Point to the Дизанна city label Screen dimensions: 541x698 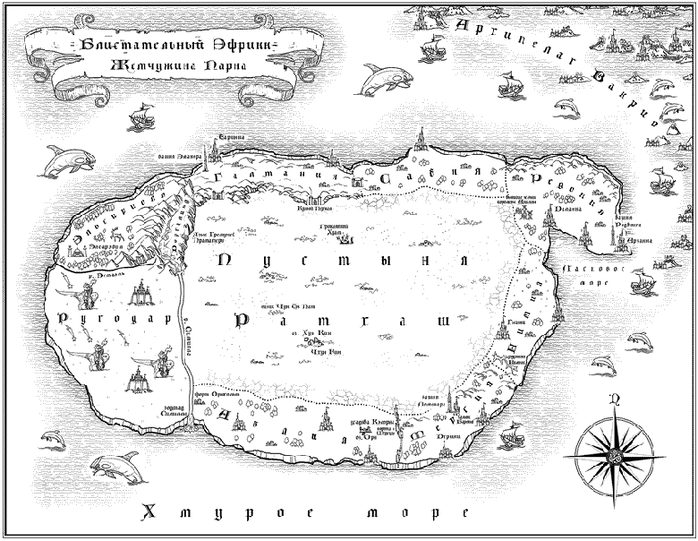[570, 209]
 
